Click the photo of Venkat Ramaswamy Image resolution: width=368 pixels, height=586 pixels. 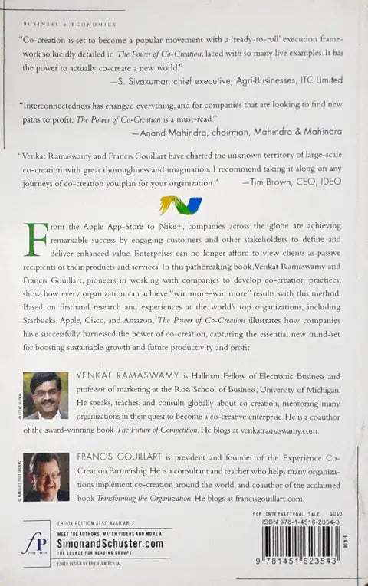coord(46,394)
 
